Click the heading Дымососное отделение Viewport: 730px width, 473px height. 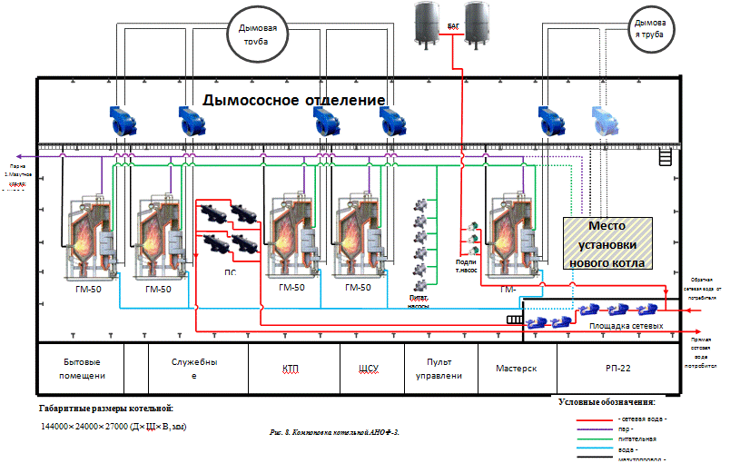(x=294, y=99)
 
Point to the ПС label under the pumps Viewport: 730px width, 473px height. (x=230, y=271)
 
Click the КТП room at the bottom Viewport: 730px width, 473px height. (x=291, y=370)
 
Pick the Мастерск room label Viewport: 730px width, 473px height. (x=517, y=370)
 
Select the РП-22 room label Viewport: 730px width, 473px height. (x=617, y=370)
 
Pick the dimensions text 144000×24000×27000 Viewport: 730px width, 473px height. (x=113, y=426)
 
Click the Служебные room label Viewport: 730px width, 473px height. (x=196, y=367)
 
